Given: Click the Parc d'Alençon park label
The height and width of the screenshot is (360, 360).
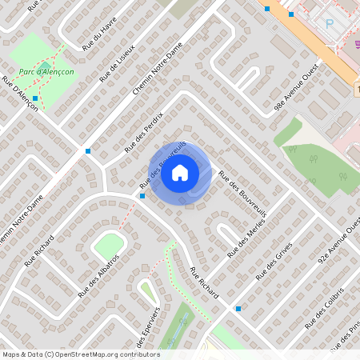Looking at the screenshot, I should coord(46,70).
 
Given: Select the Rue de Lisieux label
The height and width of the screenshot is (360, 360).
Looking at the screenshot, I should coord(118,63).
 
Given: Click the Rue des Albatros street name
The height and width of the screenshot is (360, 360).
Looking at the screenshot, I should coord(98,276).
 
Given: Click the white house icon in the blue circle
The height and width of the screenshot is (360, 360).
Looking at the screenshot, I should coord(181,172).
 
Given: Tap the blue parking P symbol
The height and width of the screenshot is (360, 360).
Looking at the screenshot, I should coord(330,24).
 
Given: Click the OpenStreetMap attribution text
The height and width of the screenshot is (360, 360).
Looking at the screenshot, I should coord(80,354).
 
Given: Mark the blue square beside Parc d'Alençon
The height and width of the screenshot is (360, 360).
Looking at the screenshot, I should coord(36,98).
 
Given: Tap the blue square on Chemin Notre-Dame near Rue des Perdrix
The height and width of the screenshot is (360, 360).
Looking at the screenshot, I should coord(88,150).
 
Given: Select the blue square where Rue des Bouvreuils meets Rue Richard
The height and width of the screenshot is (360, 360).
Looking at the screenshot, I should coord(142,195).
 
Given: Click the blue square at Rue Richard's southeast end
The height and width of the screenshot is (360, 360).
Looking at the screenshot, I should coord(238,308).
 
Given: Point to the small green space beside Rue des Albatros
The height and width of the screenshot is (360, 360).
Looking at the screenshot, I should coord(108,246).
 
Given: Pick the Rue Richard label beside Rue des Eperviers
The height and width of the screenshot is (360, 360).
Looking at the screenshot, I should coord(205,283).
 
